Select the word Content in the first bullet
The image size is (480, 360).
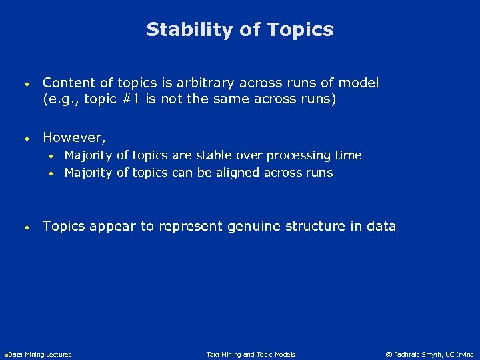coord(67,83)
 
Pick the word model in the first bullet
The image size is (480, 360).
coord(359,83)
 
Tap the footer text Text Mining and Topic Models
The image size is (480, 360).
coord(251,355)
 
